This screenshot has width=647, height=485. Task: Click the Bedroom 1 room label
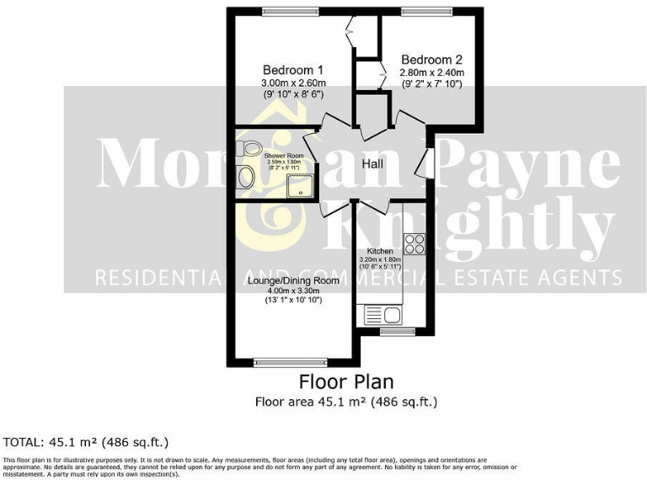[293, 69]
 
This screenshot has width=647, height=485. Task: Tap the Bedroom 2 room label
[431, 60]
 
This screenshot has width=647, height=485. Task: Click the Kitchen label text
[380, 251]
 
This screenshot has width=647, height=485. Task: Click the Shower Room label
[283, 156]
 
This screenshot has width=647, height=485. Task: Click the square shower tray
[301, 184]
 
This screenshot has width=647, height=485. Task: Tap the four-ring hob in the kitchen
[414, 244]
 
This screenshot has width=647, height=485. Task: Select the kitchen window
[393, 332]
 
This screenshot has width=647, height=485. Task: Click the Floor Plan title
[346, 382]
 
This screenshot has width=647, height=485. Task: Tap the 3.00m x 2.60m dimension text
[293, 83]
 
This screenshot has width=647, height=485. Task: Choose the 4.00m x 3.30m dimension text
[294, 290]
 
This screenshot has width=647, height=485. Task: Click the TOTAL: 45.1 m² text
[87, 442]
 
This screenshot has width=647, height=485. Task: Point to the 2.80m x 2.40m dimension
[431, 73]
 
